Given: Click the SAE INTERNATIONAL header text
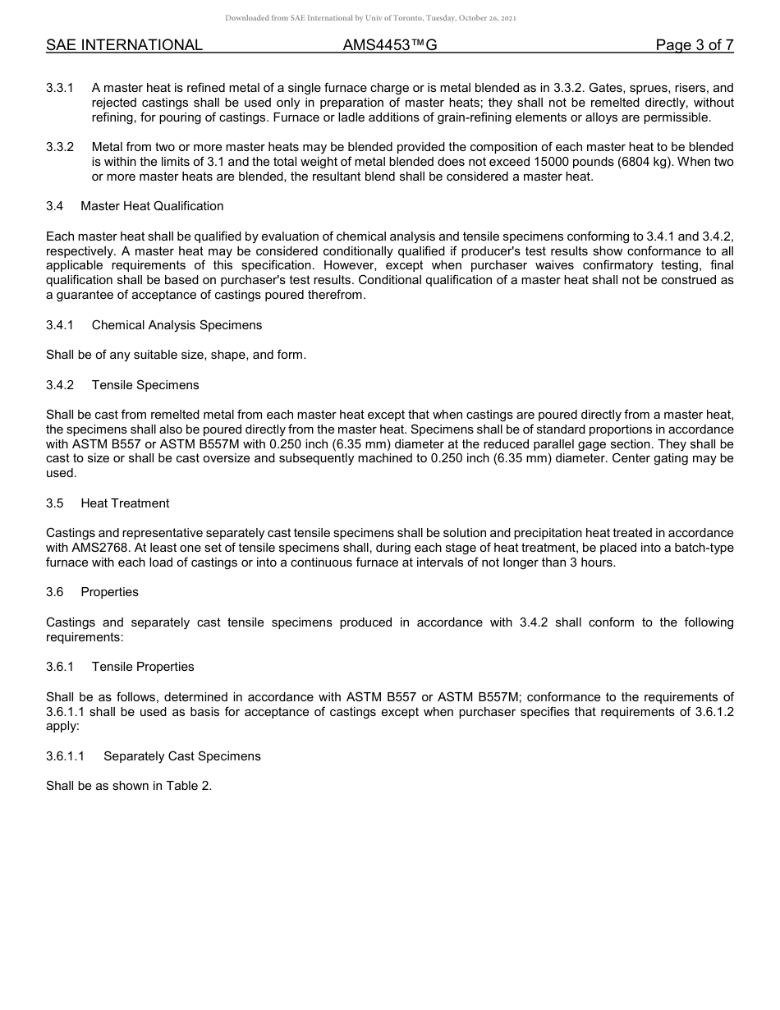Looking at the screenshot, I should point(124,45).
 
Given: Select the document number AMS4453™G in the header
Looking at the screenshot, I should point(390,45).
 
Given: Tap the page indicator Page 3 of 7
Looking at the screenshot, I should point(694,45).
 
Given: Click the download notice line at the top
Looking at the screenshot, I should point(370,18).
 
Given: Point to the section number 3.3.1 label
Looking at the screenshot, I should point(60,88).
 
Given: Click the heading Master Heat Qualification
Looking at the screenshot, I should point(152,206).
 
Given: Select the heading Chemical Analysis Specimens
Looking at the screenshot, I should point(177,325).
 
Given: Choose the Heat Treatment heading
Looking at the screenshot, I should point(125,503).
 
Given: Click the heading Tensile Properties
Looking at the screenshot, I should point(143,667).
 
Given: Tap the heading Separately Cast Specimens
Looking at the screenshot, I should point(181,756).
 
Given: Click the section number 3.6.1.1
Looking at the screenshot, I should point(66,756).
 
